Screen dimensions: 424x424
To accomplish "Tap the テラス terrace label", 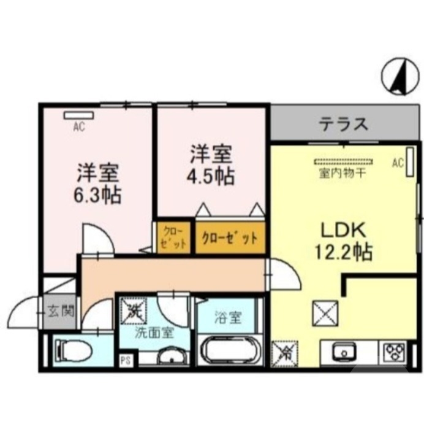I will coord(343,125).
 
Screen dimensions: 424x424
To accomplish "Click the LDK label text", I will coord(344,231).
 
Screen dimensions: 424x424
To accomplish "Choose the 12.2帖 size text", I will coord(344,252).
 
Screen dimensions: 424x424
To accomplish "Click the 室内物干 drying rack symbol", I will coord(343,162).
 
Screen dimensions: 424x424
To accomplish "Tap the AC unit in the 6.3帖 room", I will coord(78,115).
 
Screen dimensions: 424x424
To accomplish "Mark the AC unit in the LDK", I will coord(409,164).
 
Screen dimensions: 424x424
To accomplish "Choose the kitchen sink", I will coord(344,353).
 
